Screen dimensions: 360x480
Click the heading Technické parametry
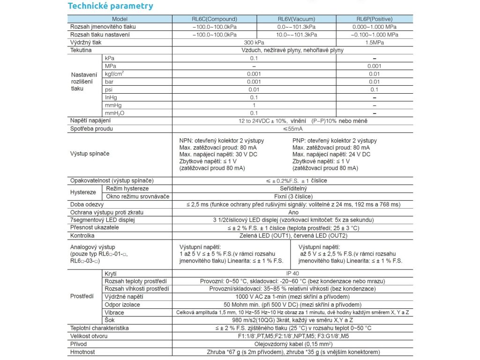click(x=110, y=6)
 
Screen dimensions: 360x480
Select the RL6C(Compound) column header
click(x=215, y=19)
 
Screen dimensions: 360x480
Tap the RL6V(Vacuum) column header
click(x=296, y=19)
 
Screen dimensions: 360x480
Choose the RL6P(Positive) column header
click(x=375, y=19)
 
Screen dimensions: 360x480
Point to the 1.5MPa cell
click(x=375, y=42)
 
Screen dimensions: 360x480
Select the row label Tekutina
click(x=81, y=50)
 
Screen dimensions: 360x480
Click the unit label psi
click(x=109, y=90)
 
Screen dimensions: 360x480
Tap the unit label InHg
click(x=111, y=97)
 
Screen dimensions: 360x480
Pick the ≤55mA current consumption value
click(x=292, y=128)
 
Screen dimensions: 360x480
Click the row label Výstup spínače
click(x=90, y=153)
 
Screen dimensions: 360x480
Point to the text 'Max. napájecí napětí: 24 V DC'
click(x=331, y=154)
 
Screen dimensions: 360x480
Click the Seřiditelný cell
click(x=292, y=188)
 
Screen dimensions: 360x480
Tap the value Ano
click(x=292, y=212)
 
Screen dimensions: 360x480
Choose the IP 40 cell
click(x=292, y=273)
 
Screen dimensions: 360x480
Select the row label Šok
click(x=110, y=320)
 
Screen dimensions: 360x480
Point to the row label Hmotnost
click(x=82, y=352)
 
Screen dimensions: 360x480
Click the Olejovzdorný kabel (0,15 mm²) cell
click(x=292, y=344)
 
